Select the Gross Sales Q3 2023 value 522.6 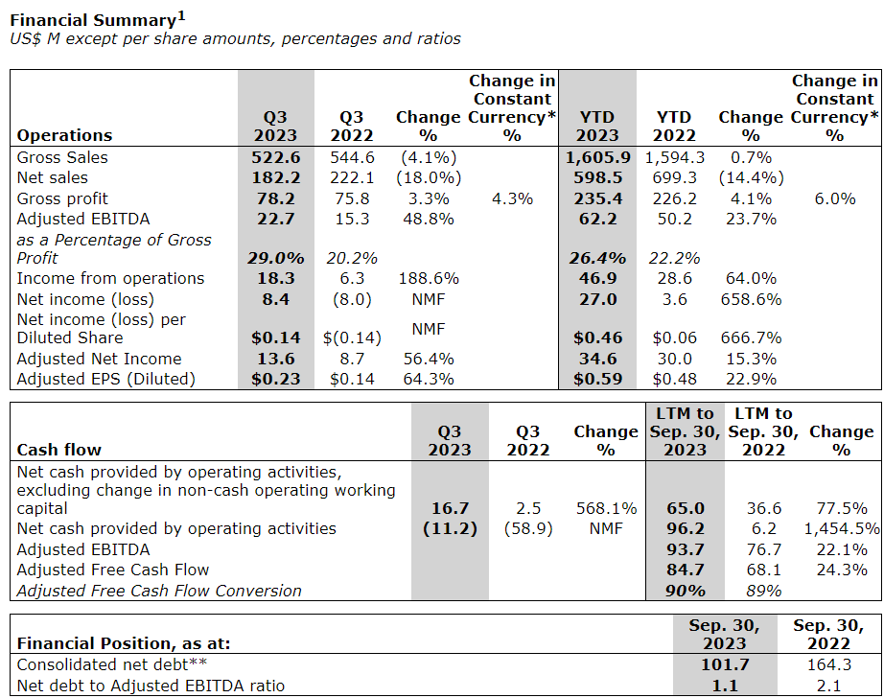click(275, 157)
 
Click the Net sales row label click(52, 177)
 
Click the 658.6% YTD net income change click(750, 298)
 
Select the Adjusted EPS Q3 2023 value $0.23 click(275, 379)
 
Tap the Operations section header click(64, 135)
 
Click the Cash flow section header click(59, 449)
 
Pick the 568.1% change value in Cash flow click(605, 509)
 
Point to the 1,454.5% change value click(840, 529)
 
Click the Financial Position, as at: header click(124, 644)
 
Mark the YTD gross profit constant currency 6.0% click(834, 198)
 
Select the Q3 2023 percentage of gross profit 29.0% click(275, 258)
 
